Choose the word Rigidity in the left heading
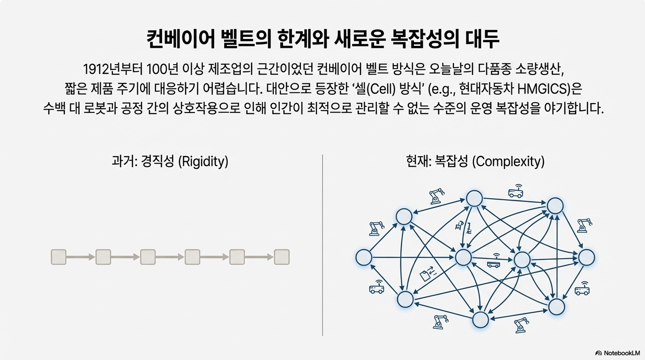(204, 162)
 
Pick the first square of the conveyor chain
(59, 257)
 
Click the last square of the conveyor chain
(282, 257)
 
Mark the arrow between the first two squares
(81, 257)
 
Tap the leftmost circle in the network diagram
(364, 257)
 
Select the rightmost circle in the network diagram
(586, 257)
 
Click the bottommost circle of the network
(481, 320)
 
